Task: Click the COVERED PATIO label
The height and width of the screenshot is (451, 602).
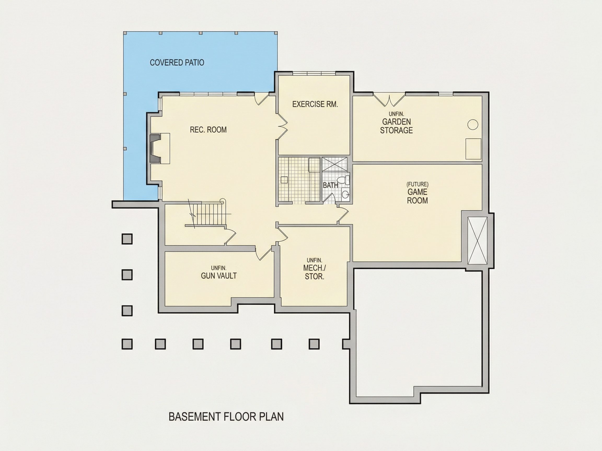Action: point(177,63)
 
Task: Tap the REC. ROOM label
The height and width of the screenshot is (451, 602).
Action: point(208,130)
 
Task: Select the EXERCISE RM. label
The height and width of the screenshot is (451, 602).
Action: point(315,104)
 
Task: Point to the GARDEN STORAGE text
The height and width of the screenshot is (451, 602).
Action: point(396,126)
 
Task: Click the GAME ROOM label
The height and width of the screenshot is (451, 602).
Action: point(418,196)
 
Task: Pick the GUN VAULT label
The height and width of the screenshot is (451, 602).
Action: point(219,276)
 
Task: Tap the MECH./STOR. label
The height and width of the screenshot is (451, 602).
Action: point(314,272)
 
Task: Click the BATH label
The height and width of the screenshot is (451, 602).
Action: point(330,185)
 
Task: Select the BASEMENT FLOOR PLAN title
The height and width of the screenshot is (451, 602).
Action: point(226,417)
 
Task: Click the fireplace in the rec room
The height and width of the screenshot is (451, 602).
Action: point(159,149)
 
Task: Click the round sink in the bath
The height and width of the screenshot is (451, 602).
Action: point(345,194)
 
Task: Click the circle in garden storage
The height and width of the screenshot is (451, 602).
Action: point(473,124)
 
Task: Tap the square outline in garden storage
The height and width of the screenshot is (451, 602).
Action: point(473,149)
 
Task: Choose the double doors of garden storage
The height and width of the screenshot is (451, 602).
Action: point(389,99)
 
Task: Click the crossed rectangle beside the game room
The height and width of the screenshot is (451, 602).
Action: point(477,241)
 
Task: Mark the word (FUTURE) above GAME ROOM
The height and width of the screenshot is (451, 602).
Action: point(418,184)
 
